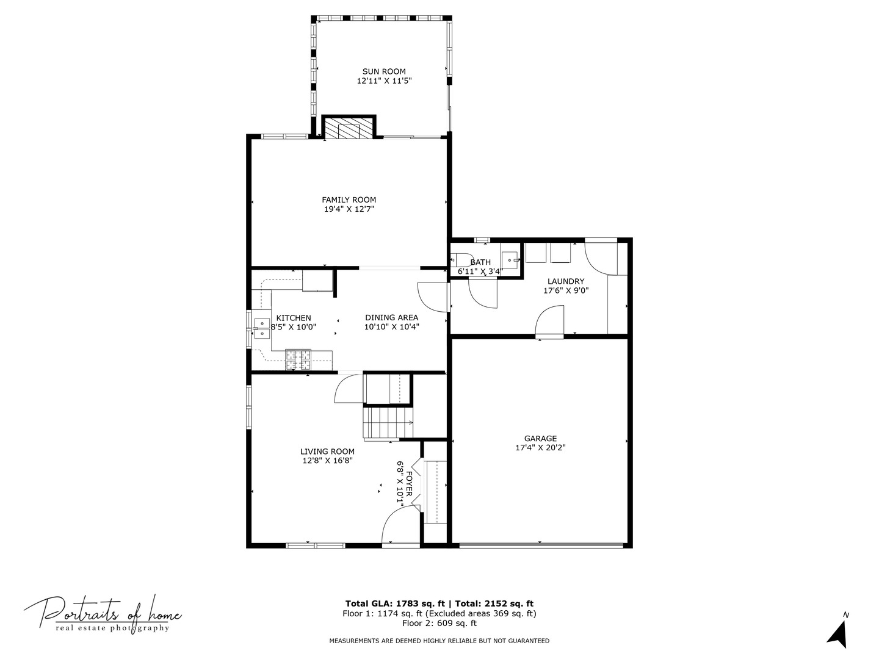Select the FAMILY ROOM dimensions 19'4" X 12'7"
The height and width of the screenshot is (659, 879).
coord(349,209)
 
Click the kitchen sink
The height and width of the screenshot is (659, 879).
coord(262,328)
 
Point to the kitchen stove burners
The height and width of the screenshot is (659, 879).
coord(298,359)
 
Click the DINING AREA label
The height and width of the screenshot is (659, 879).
coord(391,317)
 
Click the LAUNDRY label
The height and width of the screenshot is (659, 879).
coord(565,281)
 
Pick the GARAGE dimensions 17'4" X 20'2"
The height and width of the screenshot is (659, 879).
coord(540,447)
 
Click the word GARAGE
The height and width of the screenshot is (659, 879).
coord(540,438)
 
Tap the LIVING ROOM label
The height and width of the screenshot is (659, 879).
coord(327,452)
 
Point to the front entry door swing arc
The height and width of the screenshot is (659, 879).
coord(397,525)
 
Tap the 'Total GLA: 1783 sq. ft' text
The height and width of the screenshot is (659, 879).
coord(394,603)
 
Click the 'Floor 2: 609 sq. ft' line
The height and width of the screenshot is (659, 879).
coord(439,623)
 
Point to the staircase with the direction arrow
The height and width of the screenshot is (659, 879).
coord(388,423)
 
